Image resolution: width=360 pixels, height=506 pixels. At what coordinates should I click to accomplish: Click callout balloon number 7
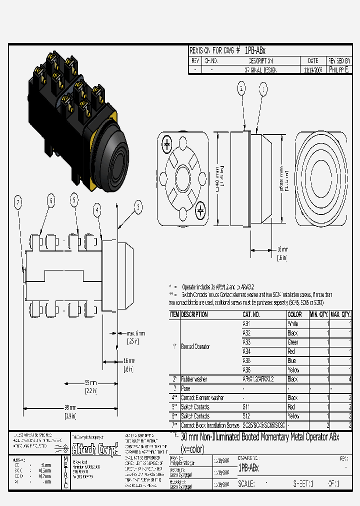(x=18, y=202)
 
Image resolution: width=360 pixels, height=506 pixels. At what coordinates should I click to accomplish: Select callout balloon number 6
(x=50, y=200)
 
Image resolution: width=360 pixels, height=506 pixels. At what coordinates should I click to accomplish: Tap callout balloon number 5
(x=74, y=200)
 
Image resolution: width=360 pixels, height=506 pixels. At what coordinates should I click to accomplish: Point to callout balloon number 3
(x=138, y=206)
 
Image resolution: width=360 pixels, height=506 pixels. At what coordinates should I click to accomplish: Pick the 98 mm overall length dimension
(x=69, y=411)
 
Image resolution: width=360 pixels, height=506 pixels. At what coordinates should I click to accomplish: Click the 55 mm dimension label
(x=90, y=386)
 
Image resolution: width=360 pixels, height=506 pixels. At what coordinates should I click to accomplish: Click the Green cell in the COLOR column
(x=293, y=342)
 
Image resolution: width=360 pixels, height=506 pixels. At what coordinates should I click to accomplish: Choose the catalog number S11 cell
(x=247, y=407)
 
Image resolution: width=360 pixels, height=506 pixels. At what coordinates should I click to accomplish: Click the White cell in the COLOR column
(x=293, y=323)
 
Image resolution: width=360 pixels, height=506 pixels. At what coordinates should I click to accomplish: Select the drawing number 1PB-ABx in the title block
(x=248, y=468)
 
